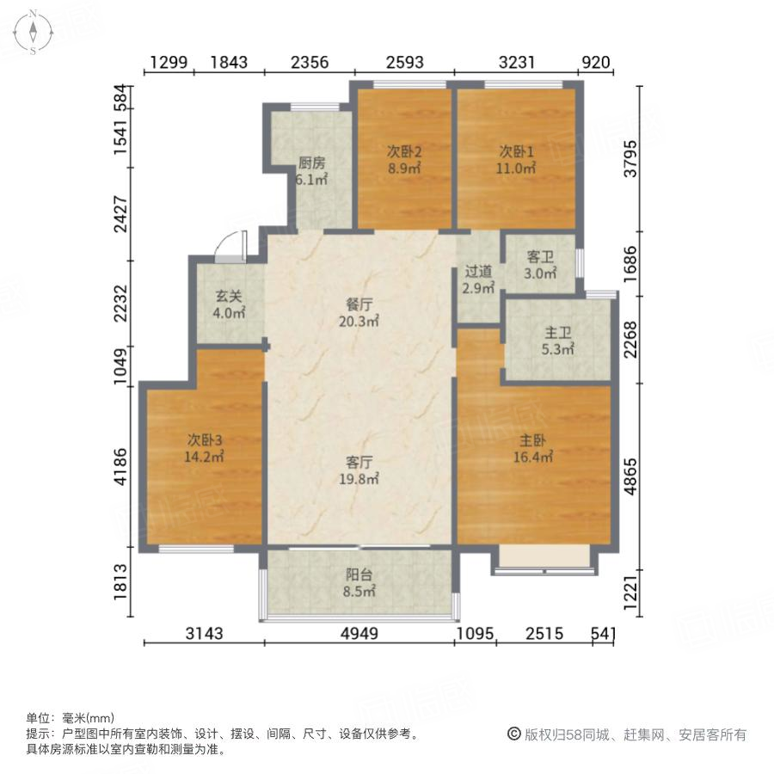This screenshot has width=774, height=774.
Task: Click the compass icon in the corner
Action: coord(32,32)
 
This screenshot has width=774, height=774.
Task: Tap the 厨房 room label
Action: coord(311,163)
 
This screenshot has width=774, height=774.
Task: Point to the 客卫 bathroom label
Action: coord(539,258)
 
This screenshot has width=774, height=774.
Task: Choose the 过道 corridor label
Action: coord(478,273)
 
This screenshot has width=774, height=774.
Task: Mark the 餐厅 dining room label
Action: coord(359,304)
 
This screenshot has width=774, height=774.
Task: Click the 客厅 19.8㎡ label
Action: coord(359,470)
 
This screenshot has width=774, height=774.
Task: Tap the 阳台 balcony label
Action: coord(359,583)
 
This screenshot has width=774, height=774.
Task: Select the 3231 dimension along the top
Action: coord(516,62)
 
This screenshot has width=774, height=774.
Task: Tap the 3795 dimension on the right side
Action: coord(632,159)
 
